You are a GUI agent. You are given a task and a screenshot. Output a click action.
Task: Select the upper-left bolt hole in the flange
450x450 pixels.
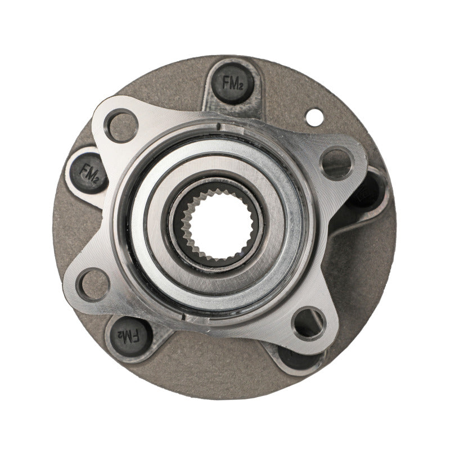pos(120,126)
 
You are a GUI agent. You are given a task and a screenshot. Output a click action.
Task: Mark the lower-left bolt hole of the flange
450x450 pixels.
pos(93,284)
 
